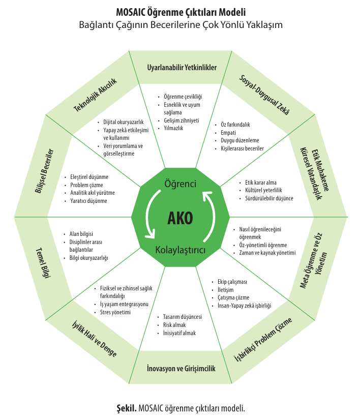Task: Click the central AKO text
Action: (x=180, y=218)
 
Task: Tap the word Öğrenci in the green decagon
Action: (x=181, y=184)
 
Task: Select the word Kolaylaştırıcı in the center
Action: (x=181, y=250)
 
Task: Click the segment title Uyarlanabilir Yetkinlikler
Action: (x=182, y=68)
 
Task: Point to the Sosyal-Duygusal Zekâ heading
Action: (x=264, y=95)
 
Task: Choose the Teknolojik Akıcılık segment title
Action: (x=95, y=95)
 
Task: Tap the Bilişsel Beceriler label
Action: (x=44, y=171)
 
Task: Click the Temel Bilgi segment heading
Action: (x=43, y=263)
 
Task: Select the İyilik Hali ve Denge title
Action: (x=95, y=339)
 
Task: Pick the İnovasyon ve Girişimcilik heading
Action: (x=181, y=368)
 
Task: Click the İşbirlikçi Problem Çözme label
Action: (x=263, y=339)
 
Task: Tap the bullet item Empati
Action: (x=228, y=132)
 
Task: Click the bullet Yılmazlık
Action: (x=173, y=128)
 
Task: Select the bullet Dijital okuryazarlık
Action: (x=124, y=122)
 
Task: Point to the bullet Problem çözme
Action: (x=86, y=185)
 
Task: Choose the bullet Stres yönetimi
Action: (x=115, y=312)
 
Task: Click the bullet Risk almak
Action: (x=174, y=325)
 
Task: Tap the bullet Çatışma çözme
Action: (x=233, y=297)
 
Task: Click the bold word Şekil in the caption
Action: (x=127, y=408)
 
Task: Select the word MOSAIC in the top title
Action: (x=131, y=12)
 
